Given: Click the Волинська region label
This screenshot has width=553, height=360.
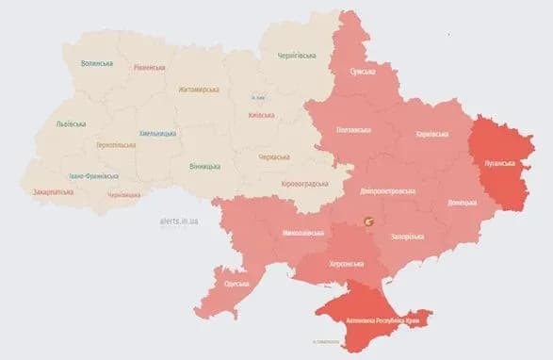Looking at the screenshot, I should pos(97,63).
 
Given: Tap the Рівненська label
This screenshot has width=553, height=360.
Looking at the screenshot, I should pos(150,68).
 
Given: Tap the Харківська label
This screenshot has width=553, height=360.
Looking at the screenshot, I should pos(432,135).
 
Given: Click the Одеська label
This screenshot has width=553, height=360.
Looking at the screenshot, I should pos(236,284).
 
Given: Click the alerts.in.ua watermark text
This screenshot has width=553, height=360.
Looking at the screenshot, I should pos(180,221).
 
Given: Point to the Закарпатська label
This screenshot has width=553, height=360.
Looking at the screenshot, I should pos(55,191).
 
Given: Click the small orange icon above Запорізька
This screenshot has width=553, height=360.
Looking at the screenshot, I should pos(370,221).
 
